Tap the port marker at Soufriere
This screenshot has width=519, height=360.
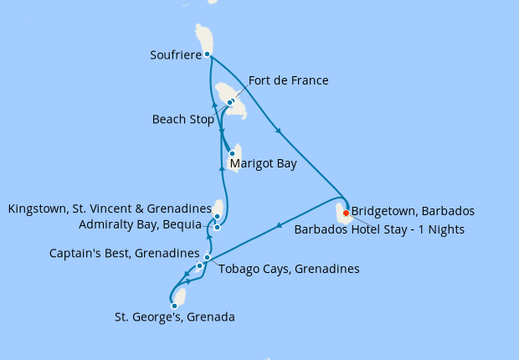(x=208, y=54)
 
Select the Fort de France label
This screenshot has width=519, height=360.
(x=288, y=81)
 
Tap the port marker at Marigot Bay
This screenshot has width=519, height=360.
(x=232, y=153)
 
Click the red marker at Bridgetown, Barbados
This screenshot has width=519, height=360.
(x=346, y=213)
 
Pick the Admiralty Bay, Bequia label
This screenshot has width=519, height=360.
(x=140, y=224)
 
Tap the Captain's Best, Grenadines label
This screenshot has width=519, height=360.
(x=124, y=253)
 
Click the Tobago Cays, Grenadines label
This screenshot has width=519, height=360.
(x=288, y=270)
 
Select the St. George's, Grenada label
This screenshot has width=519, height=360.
(x=174, y=317)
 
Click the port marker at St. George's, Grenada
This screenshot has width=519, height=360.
(x=174, y=306)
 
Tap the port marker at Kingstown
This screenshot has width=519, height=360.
(x=217, y=216)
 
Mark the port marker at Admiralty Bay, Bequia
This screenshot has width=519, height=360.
(x=217, y=227)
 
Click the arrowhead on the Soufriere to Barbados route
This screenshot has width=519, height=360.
(x=278, y=130)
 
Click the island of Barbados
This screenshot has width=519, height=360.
(x=342, y=215)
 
